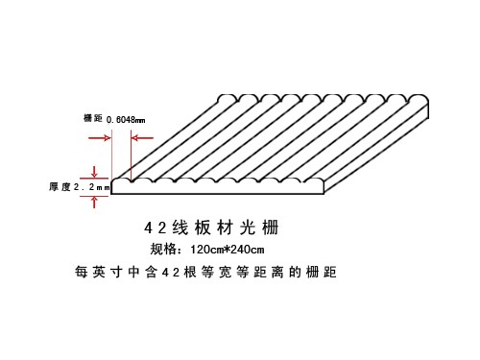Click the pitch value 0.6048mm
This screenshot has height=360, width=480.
pos(126,119)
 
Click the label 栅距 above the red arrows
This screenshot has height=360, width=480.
pos(93,118)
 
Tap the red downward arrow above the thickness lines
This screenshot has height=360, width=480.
pos(93,171)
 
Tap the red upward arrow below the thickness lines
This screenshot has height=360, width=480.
pos(93,200)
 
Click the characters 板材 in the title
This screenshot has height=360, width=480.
pos(218,228)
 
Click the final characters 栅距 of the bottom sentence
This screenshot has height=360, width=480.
pos(324,273)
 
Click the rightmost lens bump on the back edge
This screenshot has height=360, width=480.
pos(420,99)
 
